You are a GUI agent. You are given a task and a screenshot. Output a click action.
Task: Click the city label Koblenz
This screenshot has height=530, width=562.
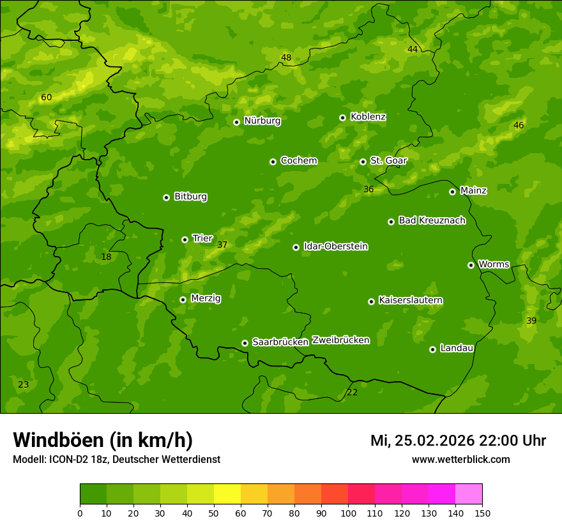tap(368, 117)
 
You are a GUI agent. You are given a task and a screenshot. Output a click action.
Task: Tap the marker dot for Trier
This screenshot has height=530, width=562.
tap(185, 239)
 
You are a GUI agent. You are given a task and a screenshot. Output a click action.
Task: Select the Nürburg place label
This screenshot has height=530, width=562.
tap(262, 121)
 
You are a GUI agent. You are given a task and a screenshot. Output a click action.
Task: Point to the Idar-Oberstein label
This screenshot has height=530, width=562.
tap(335, 246)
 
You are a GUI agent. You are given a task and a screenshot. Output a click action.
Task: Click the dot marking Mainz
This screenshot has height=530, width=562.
tap(452, 192)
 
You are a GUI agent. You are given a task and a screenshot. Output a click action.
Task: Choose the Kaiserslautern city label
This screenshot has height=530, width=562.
tap(410, 300)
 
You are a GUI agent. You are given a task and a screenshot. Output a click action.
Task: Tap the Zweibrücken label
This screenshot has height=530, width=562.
tap(340, 340)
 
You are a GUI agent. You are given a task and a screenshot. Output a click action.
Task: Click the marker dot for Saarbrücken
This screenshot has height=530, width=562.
tap(245, 343)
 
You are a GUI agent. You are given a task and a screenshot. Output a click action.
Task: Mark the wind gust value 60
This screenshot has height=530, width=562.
tap(46, 98)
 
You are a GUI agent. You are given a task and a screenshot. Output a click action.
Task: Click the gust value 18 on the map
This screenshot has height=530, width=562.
tap(106, 257)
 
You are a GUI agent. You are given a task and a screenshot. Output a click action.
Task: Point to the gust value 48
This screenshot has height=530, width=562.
tap(286, 58)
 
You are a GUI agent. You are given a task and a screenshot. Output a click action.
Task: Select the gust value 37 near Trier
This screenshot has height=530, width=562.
tap(222, 245)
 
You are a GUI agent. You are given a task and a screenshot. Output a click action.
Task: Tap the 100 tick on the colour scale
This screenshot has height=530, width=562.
tap(348, 513)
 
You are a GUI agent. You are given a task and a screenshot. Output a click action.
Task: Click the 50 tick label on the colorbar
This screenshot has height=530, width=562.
tap(214, 513)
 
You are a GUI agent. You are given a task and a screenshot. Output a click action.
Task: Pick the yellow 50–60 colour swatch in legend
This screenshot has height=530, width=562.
tap(227, 494)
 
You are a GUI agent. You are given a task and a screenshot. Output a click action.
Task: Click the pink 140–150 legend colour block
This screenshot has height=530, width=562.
tap(469, 494)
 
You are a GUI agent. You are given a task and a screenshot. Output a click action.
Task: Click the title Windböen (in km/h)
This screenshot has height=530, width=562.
tap(103, 440)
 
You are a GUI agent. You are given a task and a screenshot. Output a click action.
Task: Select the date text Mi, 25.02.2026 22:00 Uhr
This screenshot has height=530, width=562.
tap(458, 441)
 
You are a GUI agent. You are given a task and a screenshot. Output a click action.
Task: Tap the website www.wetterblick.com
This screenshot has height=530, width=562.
tap(460, 460)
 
